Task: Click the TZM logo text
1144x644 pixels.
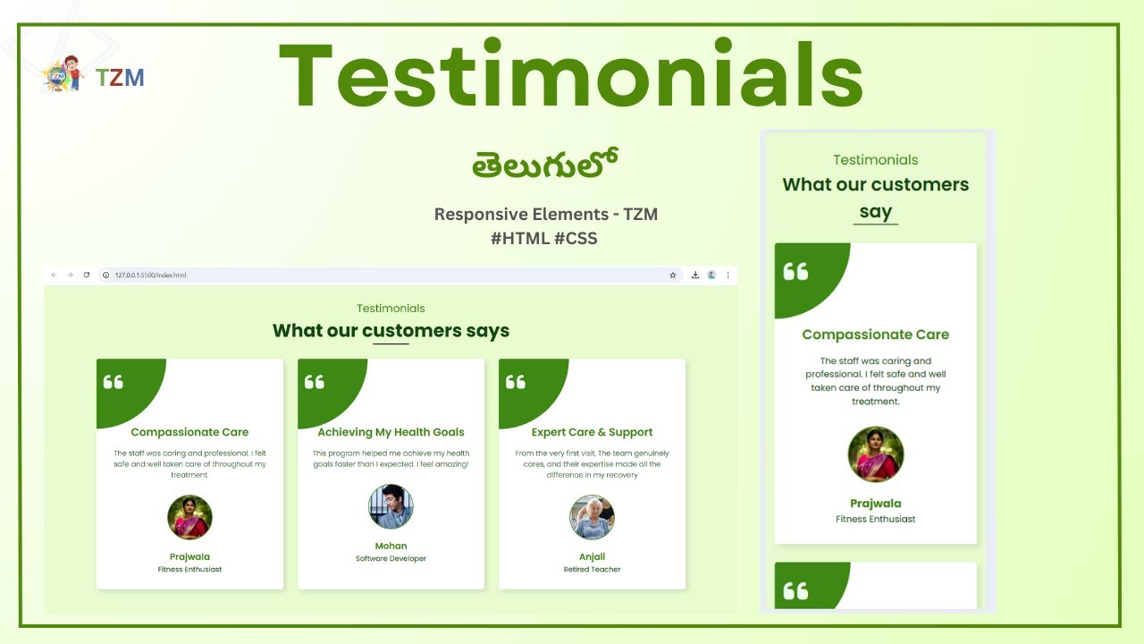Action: point(120,78)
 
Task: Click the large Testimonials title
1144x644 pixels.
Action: point(571,76)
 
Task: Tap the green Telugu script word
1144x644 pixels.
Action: point(546,164)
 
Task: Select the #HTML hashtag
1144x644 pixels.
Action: point(517,239)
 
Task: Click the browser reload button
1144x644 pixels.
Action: point(87,275)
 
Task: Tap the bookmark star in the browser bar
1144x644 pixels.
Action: point(673,275)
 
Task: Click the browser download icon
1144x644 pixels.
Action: point(695,275)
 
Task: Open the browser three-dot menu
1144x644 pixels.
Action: point(728,275)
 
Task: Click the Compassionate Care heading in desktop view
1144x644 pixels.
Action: point(189,432)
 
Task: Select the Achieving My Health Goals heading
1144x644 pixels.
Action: point(391,432)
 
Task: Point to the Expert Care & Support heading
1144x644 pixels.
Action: point(592,432)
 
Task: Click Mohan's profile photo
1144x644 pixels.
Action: point(391,507)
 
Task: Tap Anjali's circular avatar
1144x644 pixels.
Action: point(592,518)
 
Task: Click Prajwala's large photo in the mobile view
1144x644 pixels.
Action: point(876,454)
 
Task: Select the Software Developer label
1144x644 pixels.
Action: point(391,559)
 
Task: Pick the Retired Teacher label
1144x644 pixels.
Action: point(592,570)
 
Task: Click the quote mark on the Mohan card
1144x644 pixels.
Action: point(315,382)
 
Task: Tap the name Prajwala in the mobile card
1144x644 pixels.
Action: point(876,504)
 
